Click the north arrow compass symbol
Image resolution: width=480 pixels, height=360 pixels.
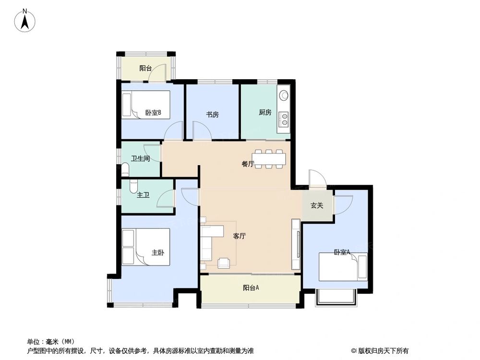point(25,21)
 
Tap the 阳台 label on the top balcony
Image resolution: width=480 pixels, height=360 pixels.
point(146,69)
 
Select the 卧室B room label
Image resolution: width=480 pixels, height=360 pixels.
point(153,113)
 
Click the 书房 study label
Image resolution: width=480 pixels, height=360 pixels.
point(212,115)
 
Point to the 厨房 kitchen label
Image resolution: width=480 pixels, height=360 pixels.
point(265,113)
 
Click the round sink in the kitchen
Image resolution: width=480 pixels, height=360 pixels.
point(284,95)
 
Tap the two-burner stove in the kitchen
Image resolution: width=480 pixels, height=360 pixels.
point(284,119)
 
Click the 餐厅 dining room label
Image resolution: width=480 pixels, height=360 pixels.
point(248,164)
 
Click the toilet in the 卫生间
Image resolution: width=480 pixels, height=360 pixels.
point(125,169)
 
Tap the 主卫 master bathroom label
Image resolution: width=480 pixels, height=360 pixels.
point(143,195)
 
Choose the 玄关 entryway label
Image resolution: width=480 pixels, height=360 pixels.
point(316,205)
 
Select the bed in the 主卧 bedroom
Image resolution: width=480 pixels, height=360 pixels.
point(145,247)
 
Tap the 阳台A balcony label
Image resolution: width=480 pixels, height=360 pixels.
point(251,288)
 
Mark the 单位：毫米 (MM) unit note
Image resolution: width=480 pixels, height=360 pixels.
point(50,342)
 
